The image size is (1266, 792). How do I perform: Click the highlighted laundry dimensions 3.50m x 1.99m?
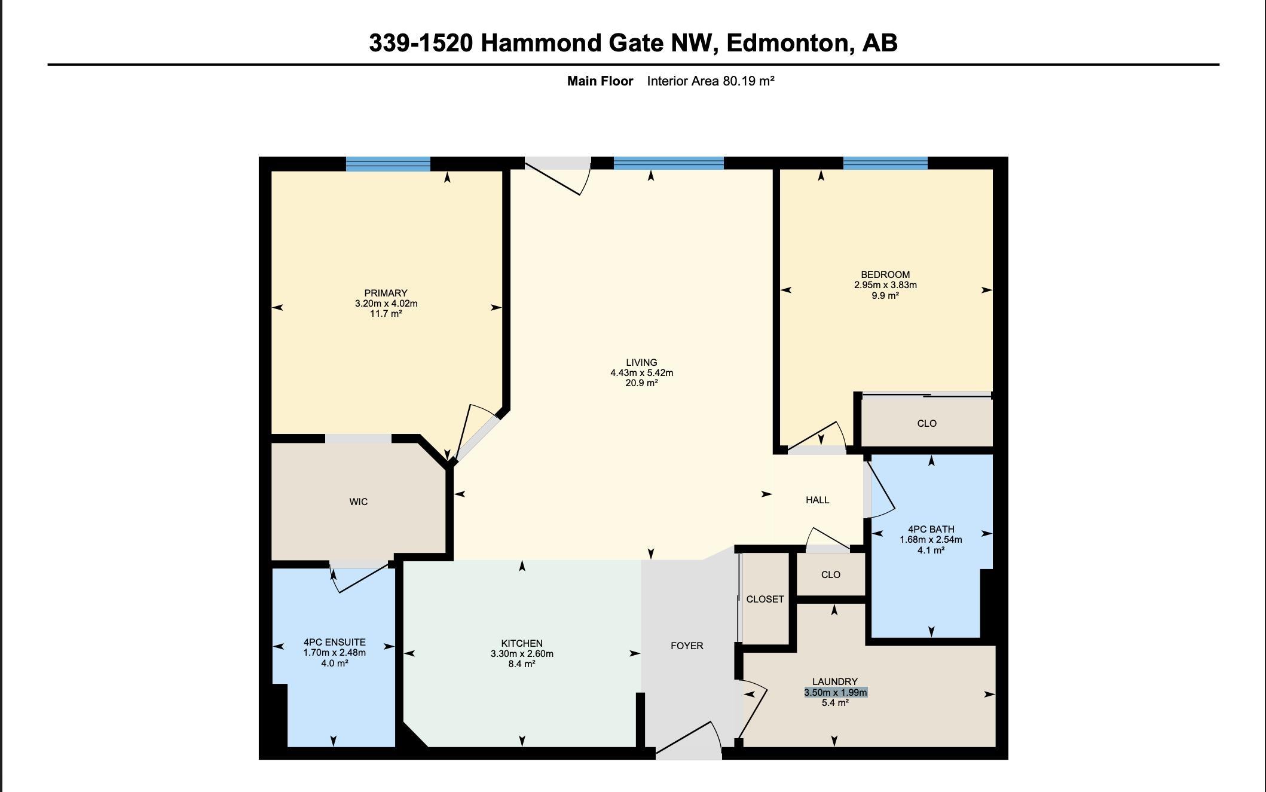(x=835, y=692)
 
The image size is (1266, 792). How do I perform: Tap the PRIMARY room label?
(x=386, y=293)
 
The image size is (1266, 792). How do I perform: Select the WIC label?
(x=359, y=502)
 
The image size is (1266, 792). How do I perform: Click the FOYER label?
(x=687, y=646)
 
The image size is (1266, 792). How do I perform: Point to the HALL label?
(x=817, y=500)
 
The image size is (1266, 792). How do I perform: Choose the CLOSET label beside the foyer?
(x=765, y=599)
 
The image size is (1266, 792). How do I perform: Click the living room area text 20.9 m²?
(x=641, y=383)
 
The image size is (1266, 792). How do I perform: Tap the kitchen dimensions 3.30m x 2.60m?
(x=522, y=653)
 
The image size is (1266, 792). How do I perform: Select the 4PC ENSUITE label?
(x=334, y=642)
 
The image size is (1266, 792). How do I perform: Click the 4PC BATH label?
(x=931, y=529)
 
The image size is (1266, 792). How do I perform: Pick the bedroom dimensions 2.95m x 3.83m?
(x=885, y=285)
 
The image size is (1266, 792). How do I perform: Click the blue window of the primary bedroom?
(x=388, y=164)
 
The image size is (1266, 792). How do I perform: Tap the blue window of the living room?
(x=669, y=163)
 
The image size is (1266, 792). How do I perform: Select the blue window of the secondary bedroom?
(x=885, y=163)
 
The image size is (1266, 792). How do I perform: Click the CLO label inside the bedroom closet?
(x=926, y=423)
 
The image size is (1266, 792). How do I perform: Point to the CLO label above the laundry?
(x=831, y=574)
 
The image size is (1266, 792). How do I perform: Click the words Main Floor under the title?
(x=600, y=81)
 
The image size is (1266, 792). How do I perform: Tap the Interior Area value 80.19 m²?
(x=748, y=81)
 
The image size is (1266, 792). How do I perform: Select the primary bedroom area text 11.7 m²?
(x=386, y=313)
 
